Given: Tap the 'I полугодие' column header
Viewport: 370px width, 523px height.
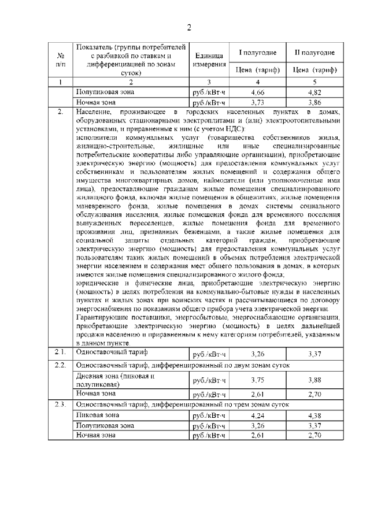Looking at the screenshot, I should click(258, 53).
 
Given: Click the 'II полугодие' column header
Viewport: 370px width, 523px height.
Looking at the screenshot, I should click(314, 53).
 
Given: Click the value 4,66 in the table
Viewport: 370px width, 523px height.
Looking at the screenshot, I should click(258, 92).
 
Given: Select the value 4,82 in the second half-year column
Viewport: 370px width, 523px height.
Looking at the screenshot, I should click(314, 92).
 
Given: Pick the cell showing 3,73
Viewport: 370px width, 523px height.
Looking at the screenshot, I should click(258, 102).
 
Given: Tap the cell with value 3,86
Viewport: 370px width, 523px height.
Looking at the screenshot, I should click(314, 102).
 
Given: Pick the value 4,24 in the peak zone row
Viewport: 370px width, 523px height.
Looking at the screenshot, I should click(258, 415).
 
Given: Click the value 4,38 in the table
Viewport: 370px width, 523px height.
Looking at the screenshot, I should click(314, 415).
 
